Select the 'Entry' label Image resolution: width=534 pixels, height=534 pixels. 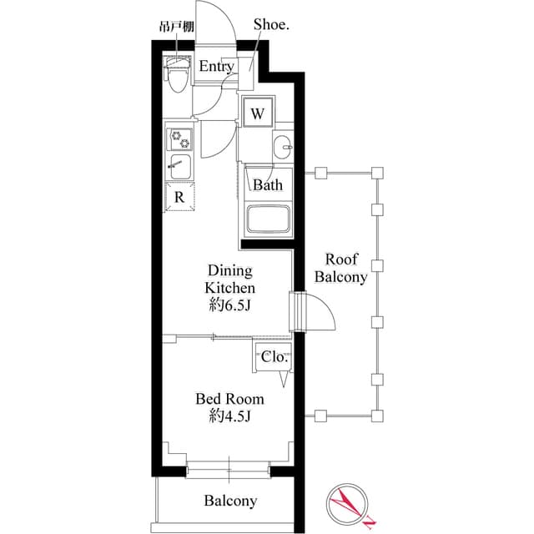[215, 66]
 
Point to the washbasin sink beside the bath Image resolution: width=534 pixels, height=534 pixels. [284, 149]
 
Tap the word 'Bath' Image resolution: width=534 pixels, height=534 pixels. [268, 184]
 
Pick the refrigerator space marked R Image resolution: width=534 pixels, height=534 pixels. [179, 197]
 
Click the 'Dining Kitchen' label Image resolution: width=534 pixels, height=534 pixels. [230, 280]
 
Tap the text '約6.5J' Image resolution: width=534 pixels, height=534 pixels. [230, 305]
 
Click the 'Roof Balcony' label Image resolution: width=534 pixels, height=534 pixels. [342, 268]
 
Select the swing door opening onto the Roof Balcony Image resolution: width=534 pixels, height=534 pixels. [317, 310]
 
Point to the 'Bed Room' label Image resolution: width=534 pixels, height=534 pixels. [230, 398]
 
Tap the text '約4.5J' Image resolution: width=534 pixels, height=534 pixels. [230, 416]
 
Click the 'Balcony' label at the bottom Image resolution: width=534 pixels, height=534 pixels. [230, 501]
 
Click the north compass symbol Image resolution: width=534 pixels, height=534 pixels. [349, 503]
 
